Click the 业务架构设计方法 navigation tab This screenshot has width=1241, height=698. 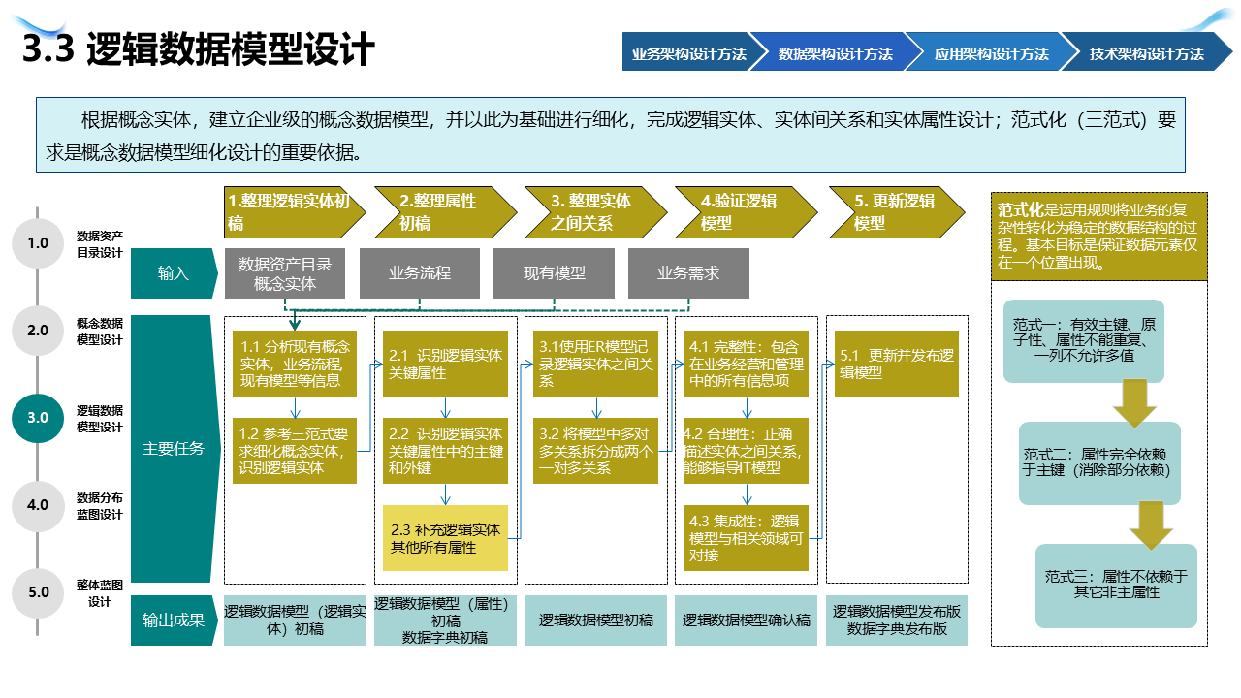686,54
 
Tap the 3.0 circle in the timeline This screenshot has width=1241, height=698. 38,418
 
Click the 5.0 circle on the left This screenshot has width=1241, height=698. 38,591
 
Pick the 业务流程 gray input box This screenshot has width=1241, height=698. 419,273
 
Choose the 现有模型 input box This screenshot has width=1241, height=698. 554,273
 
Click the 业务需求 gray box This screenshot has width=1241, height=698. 688,273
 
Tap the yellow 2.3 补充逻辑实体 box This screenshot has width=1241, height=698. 445,539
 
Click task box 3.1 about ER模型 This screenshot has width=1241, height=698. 595,364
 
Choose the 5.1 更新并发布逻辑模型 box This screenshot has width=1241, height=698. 896,364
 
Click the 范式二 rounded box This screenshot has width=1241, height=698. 1099,462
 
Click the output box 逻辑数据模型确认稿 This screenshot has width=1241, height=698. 746,620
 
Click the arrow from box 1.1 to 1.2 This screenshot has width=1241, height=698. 295,406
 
